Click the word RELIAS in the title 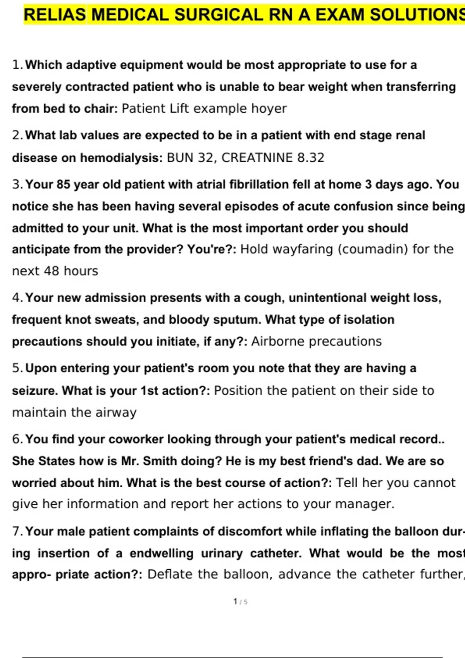click(55, 15)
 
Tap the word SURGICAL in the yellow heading click(218, 15)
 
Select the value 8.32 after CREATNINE click(311, 158)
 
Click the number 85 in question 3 click(63, 184)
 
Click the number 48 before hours click(52, 271)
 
